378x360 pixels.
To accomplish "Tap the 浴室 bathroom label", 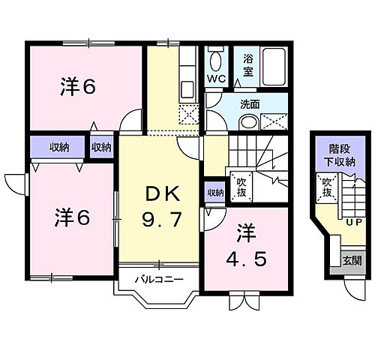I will point(247,65).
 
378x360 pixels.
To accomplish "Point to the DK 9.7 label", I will point(162,209).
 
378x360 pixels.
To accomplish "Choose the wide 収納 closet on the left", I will point(57,148).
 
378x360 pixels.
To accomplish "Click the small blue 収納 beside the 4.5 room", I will point(214,193).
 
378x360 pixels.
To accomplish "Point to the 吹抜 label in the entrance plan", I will point(327,185).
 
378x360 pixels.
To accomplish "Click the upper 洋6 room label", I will point(77,88).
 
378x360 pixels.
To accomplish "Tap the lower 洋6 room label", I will point(71,218).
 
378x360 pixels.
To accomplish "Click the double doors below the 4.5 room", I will point(241,303).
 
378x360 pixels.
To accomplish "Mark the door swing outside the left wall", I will point(13,182).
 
